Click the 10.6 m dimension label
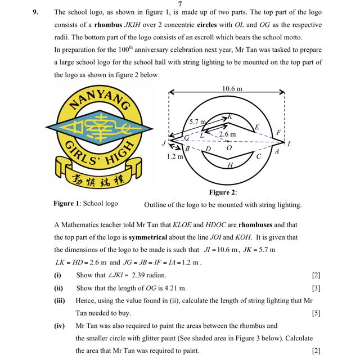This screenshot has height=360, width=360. (232, 89)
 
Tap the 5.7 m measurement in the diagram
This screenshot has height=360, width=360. (197, 121)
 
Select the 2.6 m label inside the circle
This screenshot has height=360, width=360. (227, 135)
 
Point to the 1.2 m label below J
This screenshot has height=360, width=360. (175, 157)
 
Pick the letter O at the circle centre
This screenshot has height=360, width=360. (229, 148)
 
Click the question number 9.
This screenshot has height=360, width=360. (36, 11)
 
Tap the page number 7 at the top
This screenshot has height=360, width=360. (179, 4)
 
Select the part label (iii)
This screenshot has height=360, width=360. (60, 301)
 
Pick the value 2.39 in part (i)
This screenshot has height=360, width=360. (138, 275)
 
